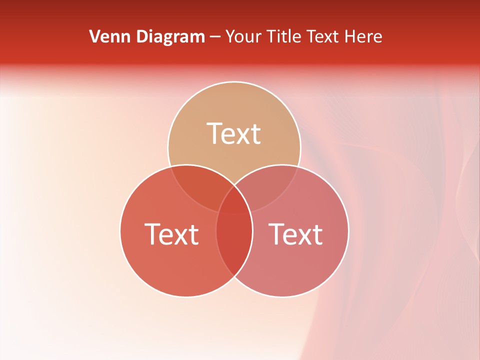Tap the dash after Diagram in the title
[215, 37]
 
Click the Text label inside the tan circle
[234, 133]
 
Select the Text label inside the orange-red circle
[171, 234]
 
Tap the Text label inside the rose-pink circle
[296, 234]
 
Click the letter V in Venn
[94, 36]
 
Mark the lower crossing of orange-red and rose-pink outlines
[234, 276]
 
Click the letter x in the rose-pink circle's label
[302, 236]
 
